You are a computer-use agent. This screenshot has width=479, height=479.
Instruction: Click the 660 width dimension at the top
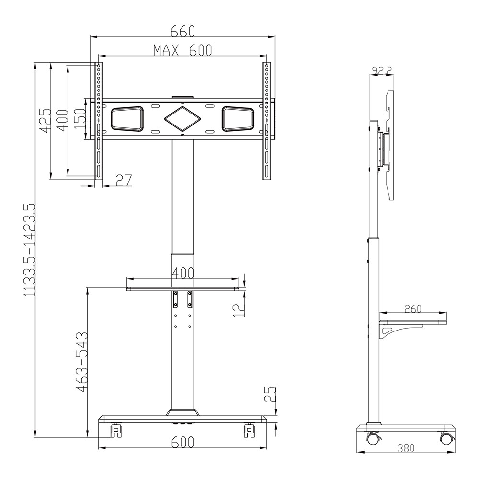pyautogui.click(x=182, y=31)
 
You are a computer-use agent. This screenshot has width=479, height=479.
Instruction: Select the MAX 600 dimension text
pyautogui.click(x=182, y=50)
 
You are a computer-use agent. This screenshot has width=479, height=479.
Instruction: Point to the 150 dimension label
pyautogui.click(x=80, y=118)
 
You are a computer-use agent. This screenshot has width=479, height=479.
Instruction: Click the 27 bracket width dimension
pyautogui.click(x=124, y=180)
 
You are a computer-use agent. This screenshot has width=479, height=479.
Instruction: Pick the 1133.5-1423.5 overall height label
pyautogui.click(x=30, y=250)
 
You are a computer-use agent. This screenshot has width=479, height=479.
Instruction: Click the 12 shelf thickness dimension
pyautogui.click(x=239, y=307)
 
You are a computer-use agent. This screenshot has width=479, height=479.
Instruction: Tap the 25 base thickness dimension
pyautogui.click(x=270, y=394)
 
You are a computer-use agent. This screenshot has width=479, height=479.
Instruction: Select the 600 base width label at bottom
pyautogui.click(x=182, y=442)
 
